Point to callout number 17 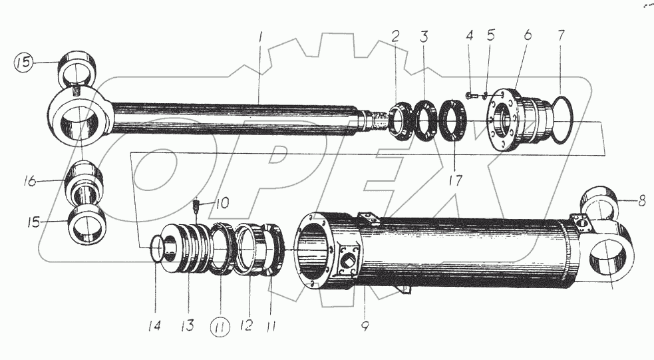(x=454, y=179)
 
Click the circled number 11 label (x=221, y=327)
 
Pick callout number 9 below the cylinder (x=364, y=326)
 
